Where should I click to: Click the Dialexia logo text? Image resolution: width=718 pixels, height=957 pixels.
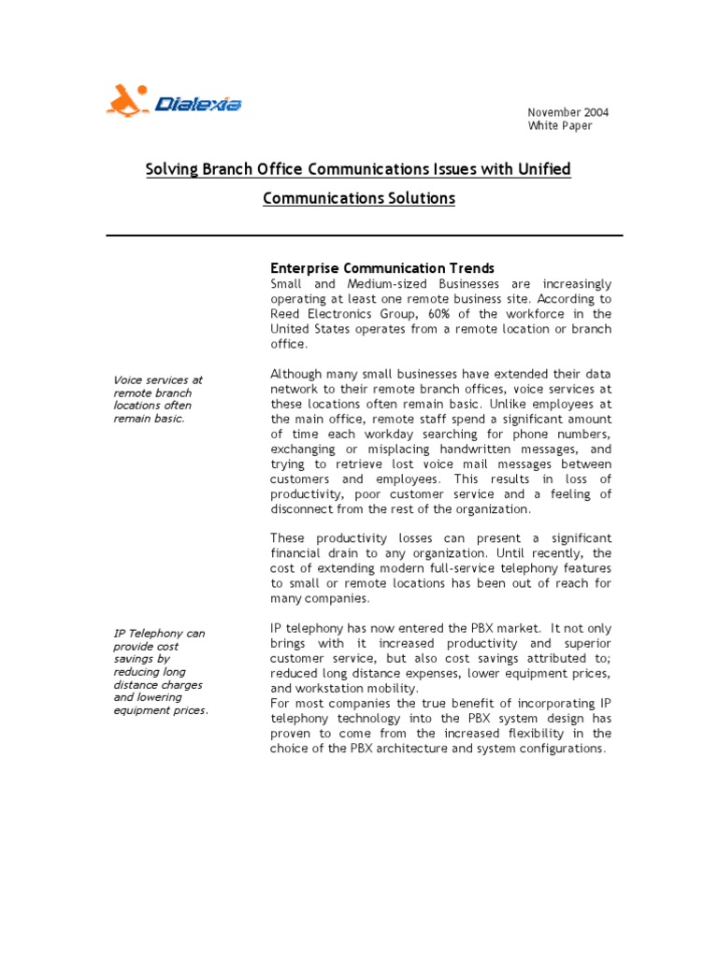click(198, 104)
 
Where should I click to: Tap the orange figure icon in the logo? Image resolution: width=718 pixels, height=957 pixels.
click(127, 100)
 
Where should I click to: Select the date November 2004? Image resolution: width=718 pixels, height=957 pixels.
click(567, 112)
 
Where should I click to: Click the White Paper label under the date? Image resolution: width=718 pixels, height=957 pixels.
click(560, 126)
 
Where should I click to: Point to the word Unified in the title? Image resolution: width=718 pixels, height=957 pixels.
click(538, 169)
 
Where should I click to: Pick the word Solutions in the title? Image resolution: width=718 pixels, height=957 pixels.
click(413, 198)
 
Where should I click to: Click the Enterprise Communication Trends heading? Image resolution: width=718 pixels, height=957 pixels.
click(381, 268)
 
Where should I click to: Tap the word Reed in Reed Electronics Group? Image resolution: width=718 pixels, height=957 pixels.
click(285, 314)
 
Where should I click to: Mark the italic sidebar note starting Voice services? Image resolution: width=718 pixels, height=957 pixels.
click(158, 399)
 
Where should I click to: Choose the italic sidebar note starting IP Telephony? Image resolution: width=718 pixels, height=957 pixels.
click(161, 671)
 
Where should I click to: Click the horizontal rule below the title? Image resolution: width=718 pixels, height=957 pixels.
click(364, 236)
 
